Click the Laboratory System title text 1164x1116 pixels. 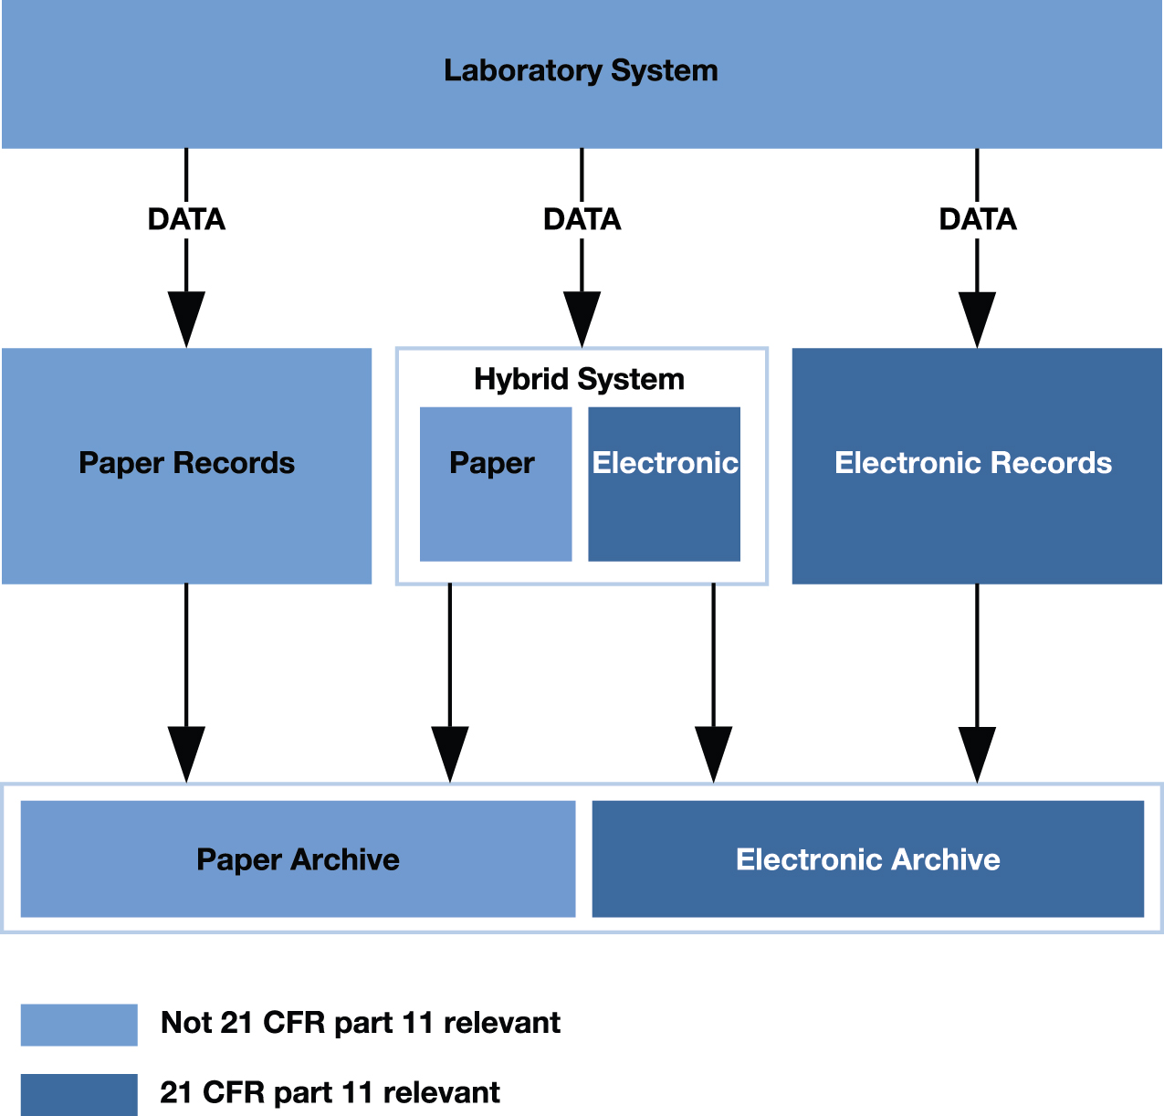click(x=581, y=70)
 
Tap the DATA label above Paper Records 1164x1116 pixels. click(x=186, y=219)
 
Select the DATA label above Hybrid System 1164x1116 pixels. click(x=582, y=219)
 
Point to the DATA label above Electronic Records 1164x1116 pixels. click(x=977, y=219)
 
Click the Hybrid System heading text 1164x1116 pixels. click(x=579, y=379)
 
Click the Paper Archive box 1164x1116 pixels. click(x=298, y=858)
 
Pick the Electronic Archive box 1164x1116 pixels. click(x=867, y=858)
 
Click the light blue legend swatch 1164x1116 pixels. click(x=79, y=1025)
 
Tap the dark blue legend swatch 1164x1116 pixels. click(x=79, y=1094)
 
